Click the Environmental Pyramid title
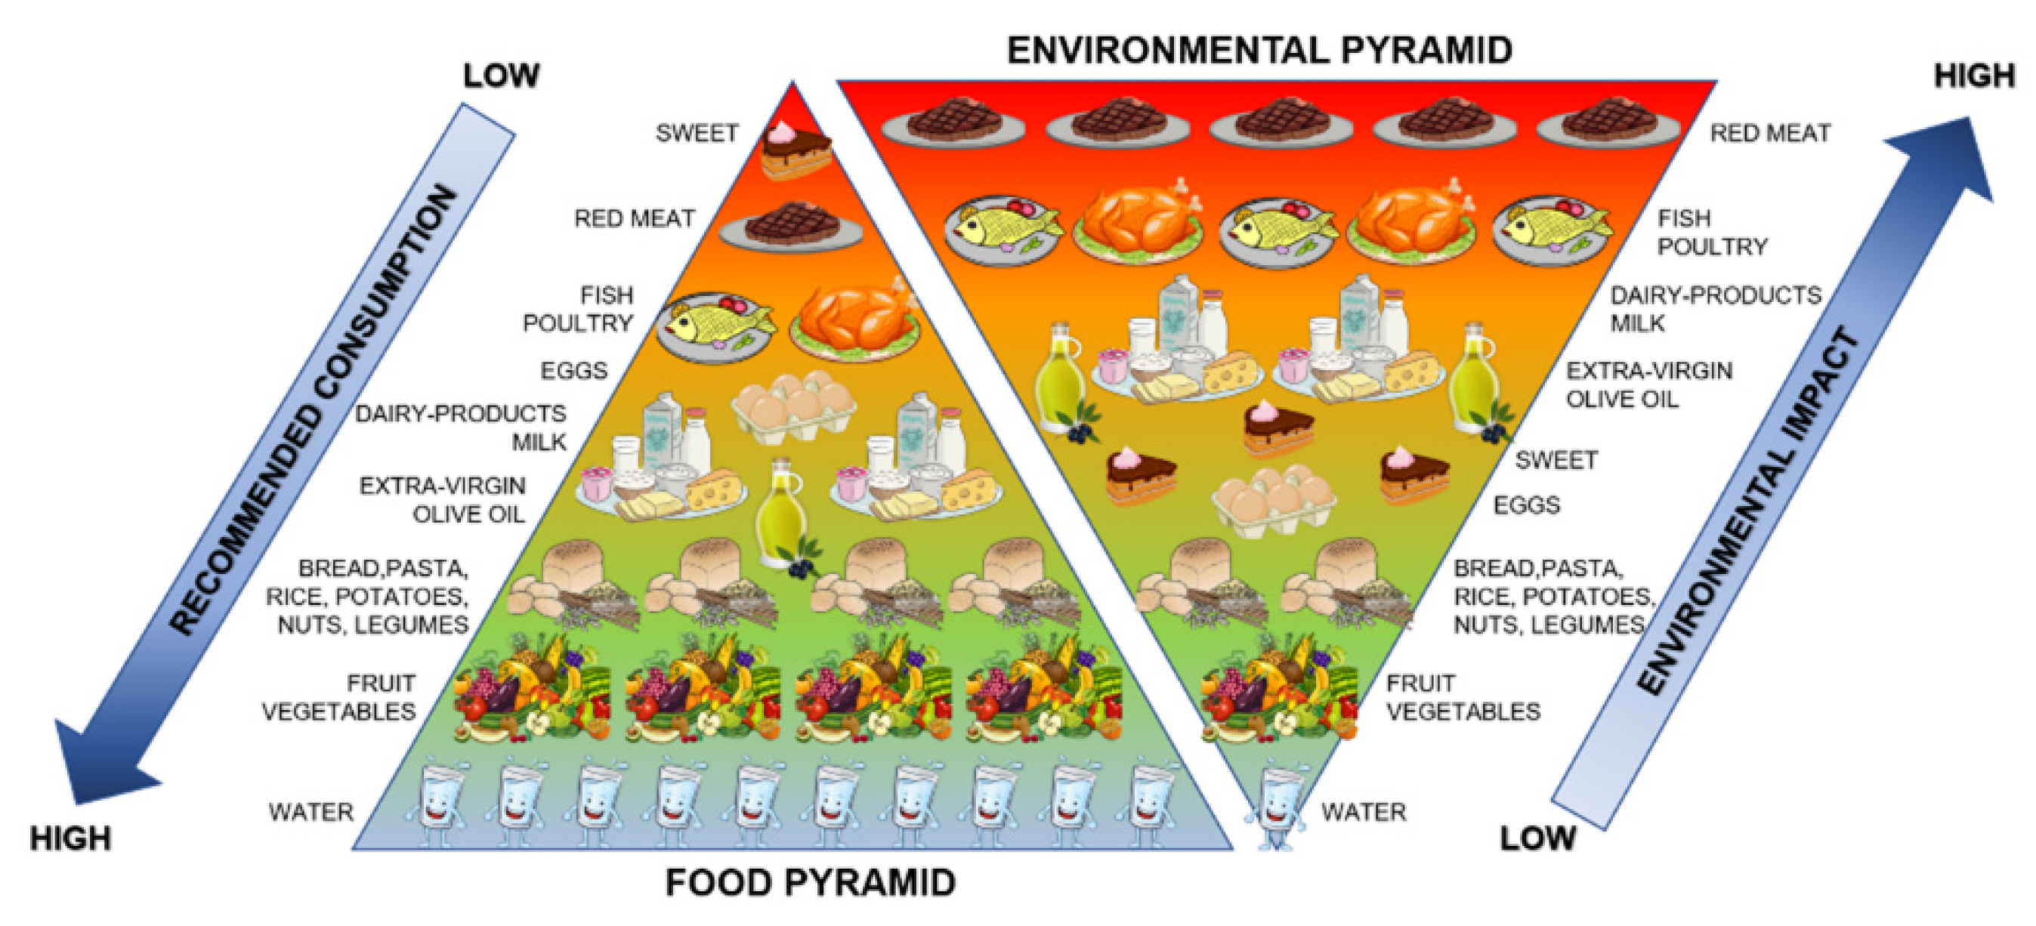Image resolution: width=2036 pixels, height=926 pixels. (x=1259, y=50)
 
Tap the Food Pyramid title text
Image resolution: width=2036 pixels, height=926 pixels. (x=810, y=882)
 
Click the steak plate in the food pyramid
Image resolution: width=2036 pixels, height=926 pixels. (x=791, y=227)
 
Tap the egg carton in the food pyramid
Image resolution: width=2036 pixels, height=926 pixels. (x=793, y=405)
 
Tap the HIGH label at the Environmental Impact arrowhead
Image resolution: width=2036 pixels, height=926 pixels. (x=1973, y=76)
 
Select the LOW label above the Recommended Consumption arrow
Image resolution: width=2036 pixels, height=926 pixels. (x=501, y=76)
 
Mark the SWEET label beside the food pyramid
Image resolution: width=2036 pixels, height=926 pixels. (x=697, y=133)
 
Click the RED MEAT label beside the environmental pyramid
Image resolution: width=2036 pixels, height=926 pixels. (x=1769, y=133)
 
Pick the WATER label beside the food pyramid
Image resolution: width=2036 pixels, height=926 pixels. (x=310, y=811)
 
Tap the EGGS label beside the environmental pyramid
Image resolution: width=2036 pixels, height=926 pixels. (x=1526, y=505)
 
